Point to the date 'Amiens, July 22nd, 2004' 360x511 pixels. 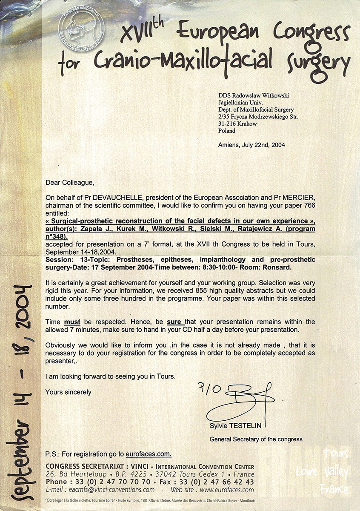[251, 145]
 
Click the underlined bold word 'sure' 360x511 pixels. [174, 322]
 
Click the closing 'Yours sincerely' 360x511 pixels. [68, 392]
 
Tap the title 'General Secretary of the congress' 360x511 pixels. [256, 439]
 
